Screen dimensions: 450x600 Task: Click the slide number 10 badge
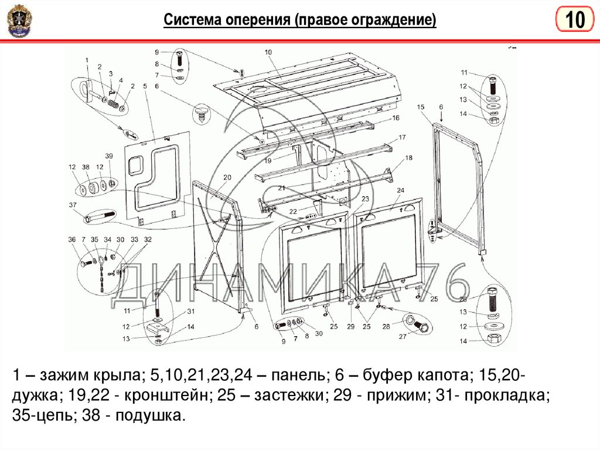coord(574,21)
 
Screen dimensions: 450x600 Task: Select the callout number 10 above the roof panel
coord(268,52)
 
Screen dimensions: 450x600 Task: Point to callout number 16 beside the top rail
coord(396,118)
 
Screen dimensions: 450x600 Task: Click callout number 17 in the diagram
coord(402,137)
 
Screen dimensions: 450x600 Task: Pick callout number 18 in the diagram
coord(408,158)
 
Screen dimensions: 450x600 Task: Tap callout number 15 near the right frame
coord(420,107)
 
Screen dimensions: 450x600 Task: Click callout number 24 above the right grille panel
coord(401,191)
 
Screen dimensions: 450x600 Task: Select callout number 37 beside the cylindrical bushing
coord(73,205)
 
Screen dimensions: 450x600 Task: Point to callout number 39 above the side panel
coord(108,155)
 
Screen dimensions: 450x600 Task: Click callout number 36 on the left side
coord(71,239)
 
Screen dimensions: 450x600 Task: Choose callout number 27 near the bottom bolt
coord(402,337)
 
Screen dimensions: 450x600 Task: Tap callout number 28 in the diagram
coord(386,326)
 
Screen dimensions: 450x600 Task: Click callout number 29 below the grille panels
coord(350,326)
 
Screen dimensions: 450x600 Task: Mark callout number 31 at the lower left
coord(190,311)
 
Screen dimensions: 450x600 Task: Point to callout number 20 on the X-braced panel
coord(227,177)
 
